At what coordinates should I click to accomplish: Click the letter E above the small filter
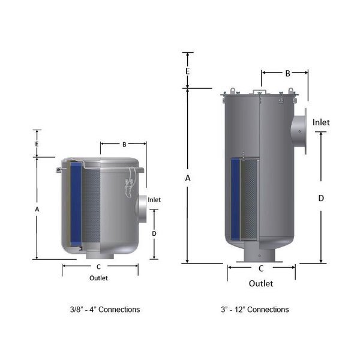pos(37,144)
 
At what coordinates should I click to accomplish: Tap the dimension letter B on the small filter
pos(124,145)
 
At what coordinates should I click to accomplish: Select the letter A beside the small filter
pos(37,209)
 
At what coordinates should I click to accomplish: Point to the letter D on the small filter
pos(154,233)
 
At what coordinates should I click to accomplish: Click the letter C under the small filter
pos(98,267)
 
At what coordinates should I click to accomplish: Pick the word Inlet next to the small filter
pos(154,200)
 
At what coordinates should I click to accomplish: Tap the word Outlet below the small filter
pos(98,278)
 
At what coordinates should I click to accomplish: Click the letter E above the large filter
pos(188,71)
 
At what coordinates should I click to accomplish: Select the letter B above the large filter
pos(287,73)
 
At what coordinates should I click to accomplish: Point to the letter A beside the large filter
pos(188,178)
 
